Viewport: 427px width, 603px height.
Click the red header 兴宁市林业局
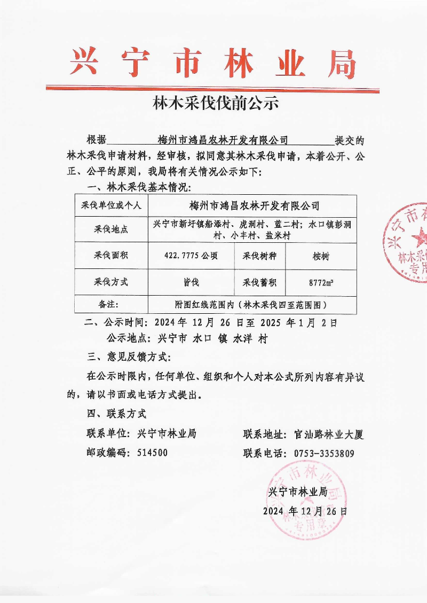[213, 63]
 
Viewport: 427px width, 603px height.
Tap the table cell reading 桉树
[321, 256]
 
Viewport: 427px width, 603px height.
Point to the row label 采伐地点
[111, 230]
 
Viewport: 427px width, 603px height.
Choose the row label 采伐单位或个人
[111, 205]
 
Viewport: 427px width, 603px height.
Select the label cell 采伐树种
[260, 256]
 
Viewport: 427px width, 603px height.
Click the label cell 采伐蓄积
[260, 282]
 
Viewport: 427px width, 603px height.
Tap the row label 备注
[111, 305]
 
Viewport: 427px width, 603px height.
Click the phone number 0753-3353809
[324, 454]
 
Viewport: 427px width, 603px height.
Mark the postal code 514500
[152, 453]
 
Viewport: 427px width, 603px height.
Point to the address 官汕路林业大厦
[329, 434]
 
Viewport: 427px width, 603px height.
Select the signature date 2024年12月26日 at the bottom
[305, 511]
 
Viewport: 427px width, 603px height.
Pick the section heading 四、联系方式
[116, 414]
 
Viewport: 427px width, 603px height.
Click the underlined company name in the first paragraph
[223, 140]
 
